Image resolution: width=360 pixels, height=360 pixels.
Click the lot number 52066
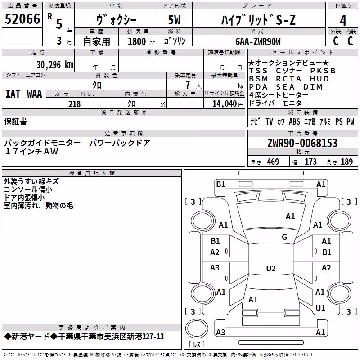click(x=22, y=19)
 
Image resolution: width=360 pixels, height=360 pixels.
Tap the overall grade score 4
click(x=343, y=20)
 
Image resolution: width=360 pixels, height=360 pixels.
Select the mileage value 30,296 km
click(x=54, y=65)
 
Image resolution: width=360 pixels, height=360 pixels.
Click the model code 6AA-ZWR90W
click(x=258, y=41)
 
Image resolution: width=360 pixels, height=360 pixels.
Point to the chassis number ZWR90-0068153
click(x=302, y=143)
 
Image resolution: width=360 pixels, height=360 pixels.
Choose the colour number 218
click(x=75, y=104)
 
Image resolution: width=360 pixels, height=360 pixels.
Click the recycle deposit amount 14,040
click(x=224, y=104)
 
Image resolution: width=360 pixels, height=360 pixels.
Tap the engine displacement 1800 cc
click(x=141, y=41)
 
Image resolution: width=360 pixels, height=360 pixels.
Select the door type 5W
click(x=174, y=20)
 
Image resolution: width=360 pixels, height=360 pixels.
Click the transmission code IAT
click(x=13, y=94)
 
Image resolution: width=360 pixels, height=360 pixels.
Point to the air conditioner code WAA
click(x=35, y=94)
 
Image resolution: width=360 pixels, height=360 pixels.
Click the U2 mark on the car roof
click(x=271, y=268)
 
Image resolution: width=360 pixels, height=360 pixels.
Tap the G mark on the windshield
click(x=284, y=237)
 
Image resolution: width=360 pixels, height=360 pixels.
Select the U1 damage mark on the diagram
click(x=320, y=308)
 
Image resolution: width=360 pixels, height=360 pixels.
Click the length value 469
click(x=273, y=162)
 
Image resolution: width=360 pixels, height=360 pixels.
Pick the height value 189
click(x=346, y=162)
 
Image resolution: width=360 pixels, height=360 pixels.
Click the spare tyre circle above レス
click(x=197, y=328)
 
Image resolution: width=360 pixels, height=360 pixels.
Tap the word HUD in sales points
click(x=319, y=79)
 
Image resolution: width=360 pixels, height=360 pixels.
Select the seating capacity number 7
click(x=188, y=85)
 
